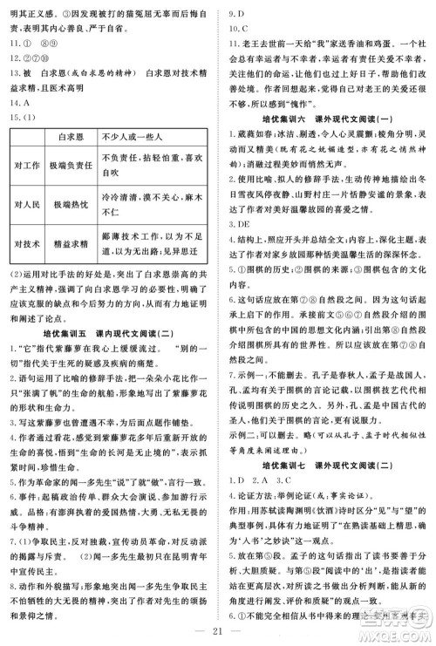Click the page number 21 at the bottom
pyautogui.click(x=219, y=630)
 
